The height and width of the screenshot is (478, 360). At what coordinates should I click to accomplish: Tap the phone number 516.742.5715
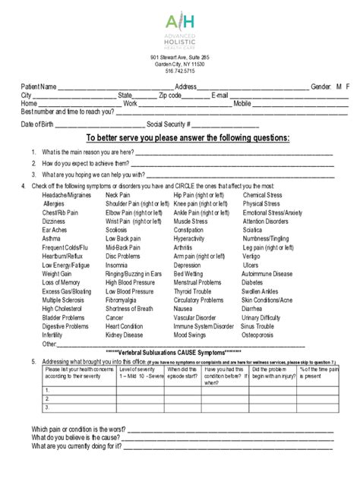179,71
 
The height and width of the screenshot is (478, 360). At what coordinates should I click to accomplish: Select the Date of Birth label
37,124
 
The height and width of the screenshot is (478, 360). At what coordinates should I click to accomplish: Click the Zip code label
170,96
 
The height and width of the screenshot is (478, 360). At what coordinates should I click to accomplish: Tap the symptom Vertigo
252,256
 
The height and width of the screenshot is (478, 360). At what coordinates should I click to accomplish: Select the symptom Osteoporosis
262,335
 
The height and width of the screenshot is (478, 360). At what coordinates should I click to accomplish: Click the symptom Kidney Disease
124,335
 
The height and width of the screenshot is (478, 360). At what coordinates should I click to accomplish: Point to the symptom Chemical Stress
262,195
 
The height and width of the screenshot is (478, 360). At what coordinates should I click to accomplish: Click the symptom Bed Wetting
190,274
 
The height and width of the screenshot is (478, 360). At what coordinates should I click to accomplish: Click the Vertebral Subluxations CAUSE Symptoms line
181,353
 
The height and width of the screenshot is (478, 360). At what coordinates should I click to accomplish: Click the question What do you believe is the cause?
77,437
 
